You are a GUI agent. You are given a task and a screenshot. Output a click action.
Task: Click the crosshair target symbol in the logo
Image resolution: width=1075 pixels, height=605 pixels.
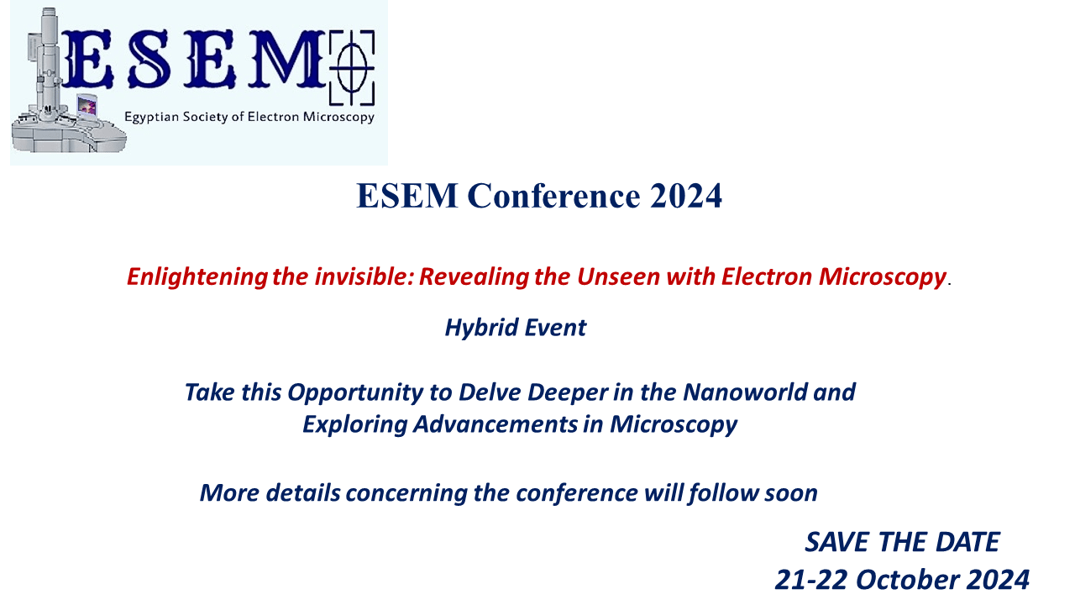pyautogui.click(x=352, y=68)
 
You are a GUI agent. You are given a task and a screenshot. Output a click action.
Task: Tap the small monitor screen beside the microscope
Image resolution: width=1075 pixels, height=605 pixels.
pyautogui.click(x=87, y=106)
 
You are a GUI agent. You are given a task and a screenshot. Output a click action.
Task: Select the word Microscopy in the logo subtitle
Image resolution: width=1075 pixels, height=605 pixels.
pyautogui.click(x=338, y=118)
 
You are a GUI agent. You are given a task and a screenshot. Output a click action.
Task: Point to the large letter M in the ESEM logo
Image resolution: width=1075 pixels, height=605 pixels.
pyautogui.click(x=286, y=59)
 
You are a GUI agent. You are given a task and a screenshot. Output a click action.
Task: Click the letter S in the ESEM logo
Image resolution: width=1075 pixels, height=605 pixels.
pyautogui.click(x=149, y=59)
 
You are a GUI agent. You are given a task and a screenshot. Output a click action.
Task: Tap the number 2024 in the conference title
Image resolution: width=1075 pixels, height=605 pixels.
pyautogui.click(x=686, y=196)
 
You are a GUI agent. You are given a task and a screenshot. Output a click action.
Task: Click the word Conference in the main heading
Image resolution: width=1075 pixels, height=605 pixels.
pyautogui.click(x=553, y=196)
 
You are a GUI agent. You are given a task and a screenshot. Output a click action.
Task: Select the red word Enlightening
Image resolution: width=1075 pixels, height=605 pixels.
pyautogui.click(x=197, y=277)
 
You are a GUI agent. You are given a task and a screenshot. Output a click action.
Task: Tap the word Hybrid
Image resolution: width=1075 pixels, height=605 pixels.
pyautogui.click(x=481, y=329)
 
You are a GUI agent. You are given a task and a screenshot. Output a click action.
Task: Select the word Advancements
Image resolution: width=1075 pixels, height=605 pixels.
pyautogui.click(x=496, y=424)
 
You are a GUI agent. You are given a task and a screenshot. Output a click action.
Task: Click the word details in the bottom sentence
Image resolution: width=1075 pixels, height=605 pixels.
pyautogui.click(x=303, y=493)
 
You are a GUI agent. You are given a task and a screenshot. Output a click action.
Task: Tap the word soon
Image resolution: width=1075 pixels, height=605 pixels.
pyautogui.click(x=791, y=494)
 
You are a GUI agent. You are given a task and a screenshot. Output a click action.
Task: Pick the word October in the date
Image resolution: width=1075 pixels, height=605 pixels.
pyautogui.click(x=908, y=580)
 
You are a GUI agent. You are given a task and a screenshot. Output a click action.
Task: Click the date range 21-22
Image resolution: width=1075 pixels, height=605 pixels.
pyautogui.click(x=811, y=580)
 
